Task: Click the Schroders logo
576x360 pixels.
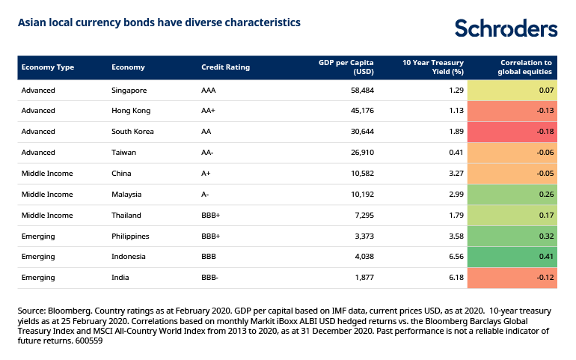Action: click(506, 28)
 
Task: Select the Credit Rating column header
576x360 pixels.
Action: click(225, 67)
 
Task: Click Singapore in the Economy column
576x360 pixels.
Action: click(129, 91)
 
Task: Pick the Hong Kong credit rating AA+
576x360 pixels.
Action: click(209, 111)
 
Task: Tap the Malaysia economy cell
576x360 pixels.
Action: click(127, 195)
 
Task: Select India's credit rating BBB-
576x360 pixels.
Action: click(210, 278)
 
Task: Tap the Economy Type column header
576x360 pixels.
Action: click(48, 67)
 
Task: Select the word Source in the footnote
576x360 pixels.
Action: click(31, 308)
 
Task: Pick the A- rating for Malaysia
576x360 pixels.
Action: click(206, 195)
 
